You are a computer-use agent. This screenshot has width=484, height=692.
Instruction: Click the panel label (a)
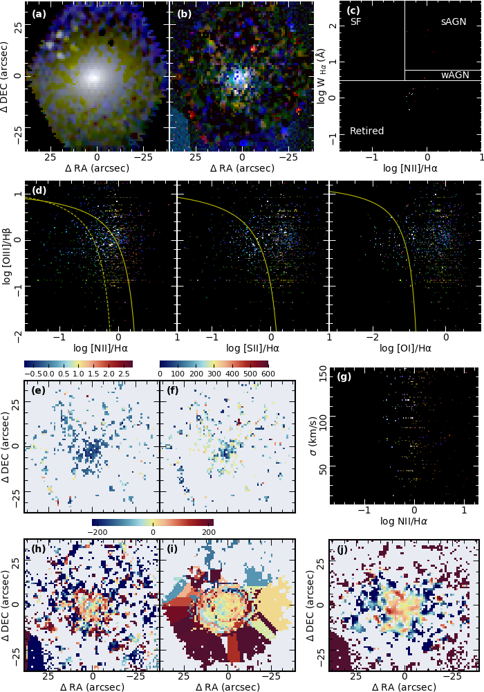click(39, 13)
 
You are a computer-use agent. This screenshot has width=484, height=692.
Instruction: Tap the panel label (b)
click(185, 13)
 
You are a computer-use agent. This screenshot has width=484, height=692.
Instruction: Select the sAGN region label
click(454, 22)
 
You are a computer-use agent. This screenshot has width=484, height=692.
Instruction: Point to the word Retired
click(366, 131)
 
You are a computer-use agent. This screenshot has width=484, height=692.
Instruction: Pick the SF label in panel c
click(355, 22)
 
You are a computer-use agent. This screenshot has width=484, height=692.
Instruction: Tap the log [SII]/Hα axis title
click(253, 348)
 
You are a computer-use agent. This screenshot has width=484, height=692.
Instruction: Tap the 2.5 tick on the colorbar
click(124, 374)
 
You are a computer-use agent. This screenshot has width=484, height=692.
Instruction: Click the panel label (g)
click(344, 377)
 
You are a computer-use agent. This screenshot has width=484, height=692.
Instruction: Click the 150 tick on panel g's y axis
click(322, 374)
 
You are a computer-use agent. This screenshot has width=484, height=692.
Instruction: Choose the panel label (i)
click(176, 550)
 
